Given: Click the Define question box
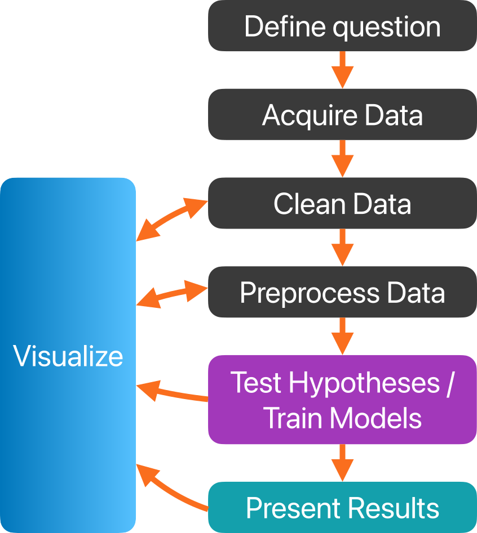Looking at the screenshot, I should click(x=342, y=26).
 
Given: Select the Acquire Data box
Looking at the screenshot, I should click(x=342, y=115).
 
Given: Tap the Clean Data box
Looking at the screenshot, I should click(x=342, y=203).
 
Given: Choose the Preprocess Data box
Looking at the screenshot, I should click(x=342, y=292).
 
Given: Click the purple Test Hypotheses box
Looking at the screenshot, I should click(x=342, y=400).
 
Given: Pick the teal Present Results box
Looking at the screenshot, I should click(x=342, y=508).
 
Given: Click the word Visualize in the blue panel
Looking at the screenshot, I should click(x=68, y=356).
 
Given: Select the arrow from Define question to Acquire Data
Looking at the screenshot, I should click(x=342, y=69).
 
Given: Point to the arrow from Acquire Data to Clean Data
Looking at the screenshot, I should click(x=342, y=158).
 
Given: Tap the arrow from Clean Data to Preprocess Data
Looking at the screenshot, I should click(x=342, y=247).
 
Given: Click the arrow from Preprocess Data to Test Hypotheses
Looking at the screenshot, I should click(x=342, y=335).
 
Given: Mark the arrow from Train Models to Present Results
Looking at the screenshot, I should click(x=342, y=463).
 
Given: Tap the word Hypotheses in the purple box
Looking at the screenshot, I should click(x=364, y=383).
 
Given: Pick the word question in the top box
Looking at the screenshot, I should click(x=386, y=27).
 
